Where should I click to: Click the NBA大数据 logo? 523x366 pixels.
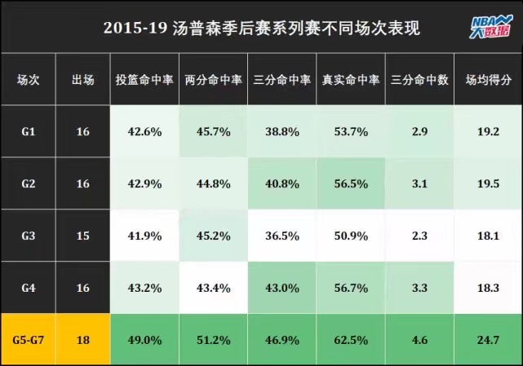point(486,27)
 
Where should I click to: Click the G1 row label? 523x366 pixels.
point(28,131)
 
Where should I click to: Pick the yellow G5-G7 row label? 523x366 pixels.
point(28,340)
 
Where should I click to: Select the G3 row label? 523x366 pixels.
point(28,236)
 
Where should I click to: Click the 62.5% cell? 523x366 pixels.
point(351,340)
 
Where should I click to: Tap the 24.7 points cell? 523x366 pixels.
point(488,340)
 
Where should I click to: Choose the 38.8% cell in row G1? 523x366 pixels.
point(282,131)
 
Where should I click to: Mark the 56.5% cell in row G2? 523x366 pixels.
point(351,183)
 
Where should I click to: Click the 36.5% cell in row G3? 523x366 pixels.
point(282,236)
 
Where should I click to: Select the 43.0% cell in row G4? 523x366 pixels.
point(282,288)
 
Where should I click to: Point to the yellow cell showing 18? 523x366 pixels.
point(82,340)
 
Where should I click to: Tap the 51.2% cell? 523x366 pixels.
point(213,340)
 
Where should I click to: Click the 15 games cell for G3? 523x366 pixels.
point(82,236)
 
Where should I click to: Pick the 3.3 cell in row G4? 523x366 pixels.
point(419,288)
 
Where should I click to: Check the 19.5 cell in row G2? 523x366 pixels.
point(488,183)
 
